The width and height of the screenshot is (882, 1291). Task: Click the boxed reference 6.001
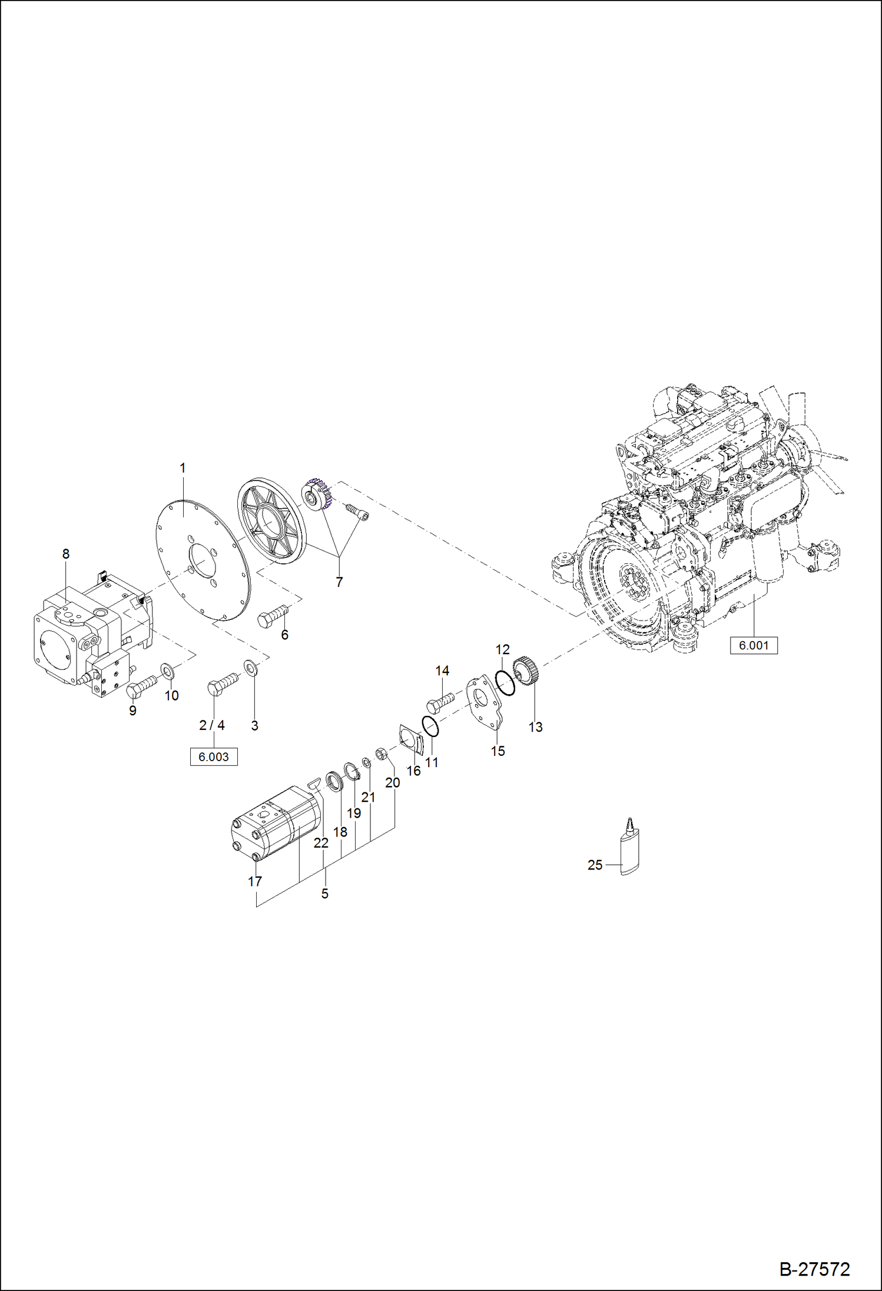(754, 645)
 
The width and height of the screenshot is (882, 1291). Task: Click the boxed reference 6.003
(213, 756)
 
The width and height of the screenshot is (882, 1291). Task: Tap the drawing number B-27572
(815, 1269)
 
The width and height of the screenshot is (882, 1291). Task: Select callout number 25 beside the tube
(595, 865)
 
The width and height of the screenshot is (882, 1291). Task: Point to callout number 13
(535, 727)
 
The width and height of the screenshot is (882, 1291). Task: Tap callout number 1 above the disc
(183, 468)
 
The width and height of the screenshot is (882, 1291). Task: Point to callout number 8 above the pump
(66, 554)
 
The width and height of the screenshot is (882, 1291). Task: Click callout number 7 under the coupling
(339, 582)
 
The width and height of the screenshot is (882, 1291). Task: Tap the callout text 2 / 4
(212, 725)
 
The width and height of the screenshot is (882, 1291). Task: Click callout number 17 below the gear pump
(254, 881)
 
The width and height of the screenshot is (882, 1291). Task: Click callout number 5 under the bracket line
(324, 894)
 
